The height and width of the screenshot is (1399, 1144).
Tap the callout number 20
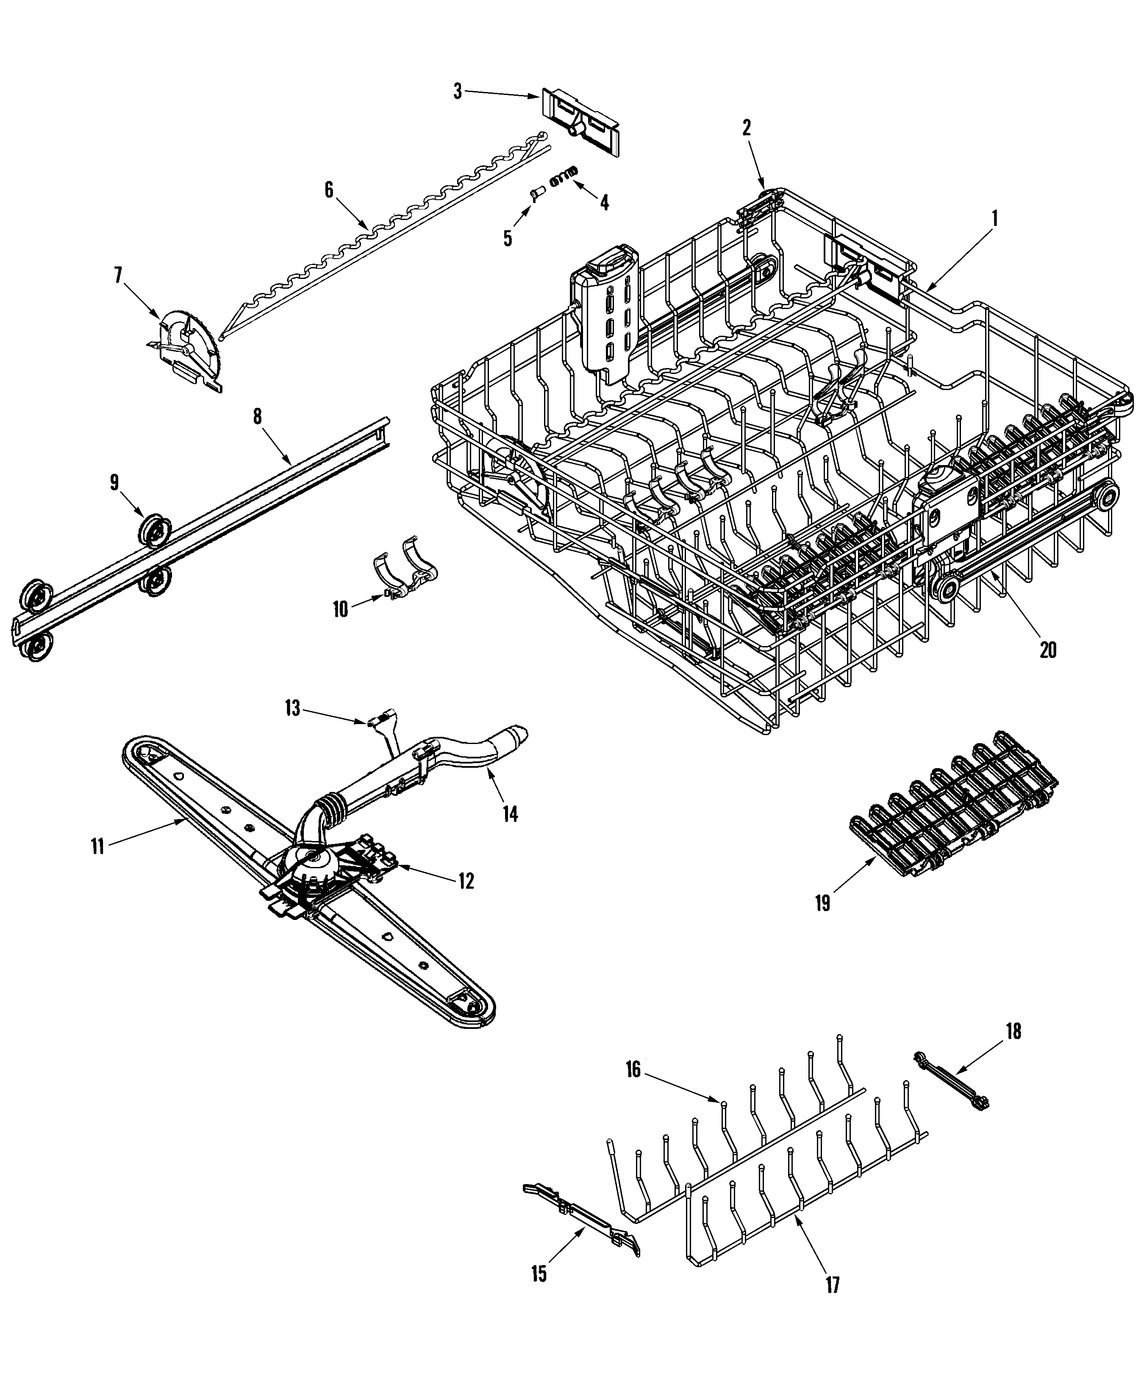click(1048, 649)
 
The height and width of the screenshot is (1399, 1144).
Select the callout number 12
click(466, 881)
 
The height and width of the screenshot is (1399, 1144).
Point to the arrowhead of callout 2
click(764, 187)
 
